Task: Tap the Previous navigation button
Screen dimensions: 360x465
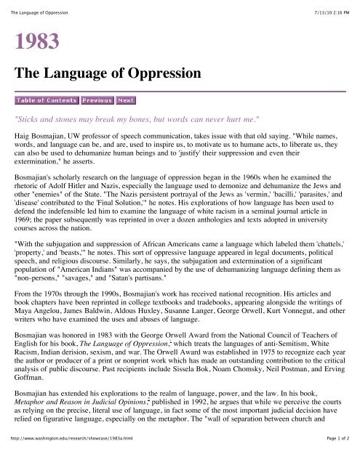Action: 97,100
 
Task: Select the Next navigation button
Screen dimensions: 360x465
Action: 126,100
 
